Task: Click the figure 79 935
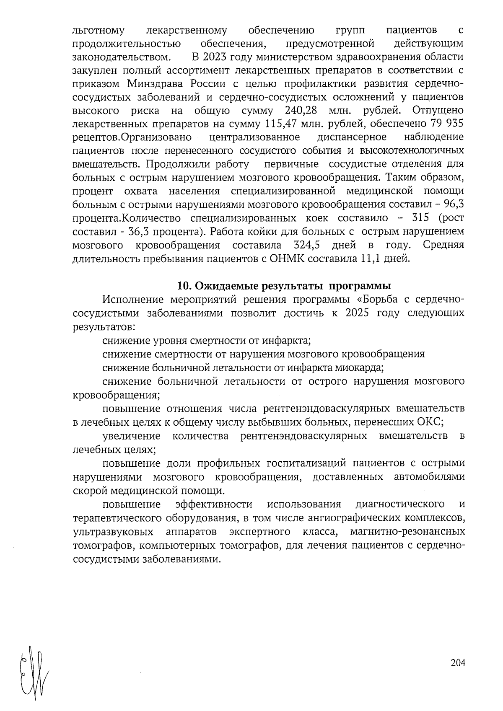tap(447, 124)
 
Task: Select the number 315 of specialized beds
tap(422, 218)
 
